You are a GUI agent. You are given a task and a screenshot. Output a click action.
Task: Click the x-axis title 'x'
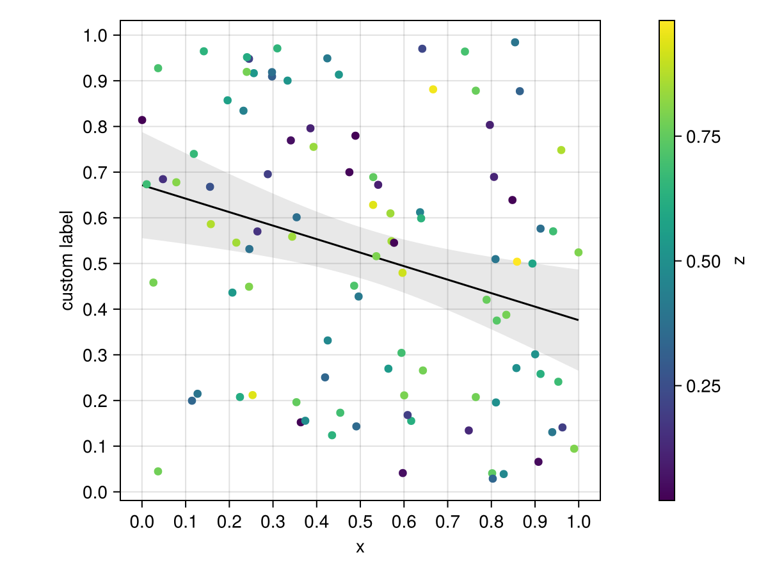pyautogui.click(x=360, y=548)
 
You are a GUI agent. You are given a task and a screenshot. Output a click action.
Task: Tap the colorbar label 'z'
pyautogui.click(x=740, y=260)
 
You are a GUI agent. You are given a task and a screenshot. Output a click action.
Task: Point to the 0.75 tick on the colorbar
pyautogui.click(x=677, y=136)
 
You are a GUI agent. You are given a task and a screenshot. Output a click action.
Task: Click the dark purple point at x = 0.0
pyautogui.click(x=142, y=120)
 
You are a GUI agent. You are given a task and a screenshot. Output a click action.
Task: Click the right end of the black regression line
pyautogui.click(x=579, y=320)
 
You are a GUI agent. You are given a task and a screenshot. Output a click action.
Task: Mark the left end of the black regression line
pyautogui.click(x=142, y=186)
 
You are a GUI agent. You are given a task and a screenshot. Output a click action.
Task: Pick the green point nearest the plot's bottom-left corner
pyautogui.click(x=158, y=472)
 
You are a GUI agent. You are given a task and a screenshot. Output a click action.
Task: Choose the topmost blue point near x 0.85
pyautogui.click(x=515, y=42)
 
